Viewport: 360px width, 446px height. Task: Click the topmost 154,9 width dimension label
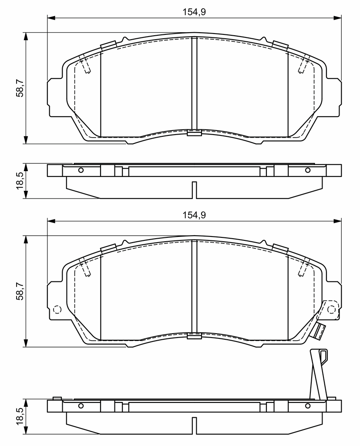click(x=194, y=12)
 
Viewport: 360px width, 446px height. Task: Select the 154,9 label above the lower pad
click(x=194, y=215)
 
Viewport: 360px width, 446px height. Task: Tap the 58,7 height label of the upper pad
click(x=20, y=88)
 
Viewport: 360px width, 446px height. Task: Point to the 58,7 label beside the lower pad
click(x=20, y=291)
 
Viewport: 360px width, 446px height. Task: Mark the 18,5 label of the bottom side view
click(x=20, y=416)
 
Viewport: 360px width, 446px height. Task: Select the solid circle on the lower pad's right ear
click(x=331, y=309)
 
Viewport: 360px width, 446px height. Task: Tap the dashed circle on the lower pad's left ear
click(x=57, y=309)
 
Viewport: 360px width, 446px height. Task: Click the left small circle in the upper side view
click(x=81, y=170)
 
